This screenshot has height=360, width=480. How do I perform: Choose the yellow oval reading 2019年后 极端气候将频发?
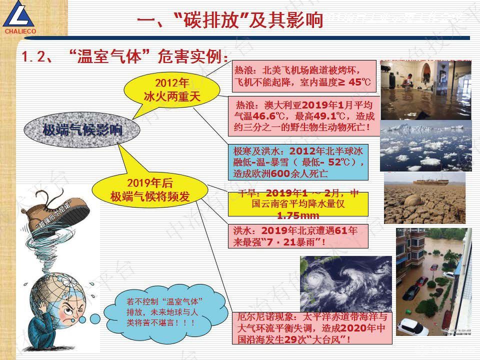150,189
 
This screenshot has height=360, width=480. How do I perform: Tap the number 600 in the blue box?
281,174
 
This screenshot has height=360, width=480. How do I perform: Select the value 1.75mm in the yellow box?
298,215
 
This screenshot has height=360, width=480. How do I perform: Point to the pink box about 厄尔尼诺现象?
312,327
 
